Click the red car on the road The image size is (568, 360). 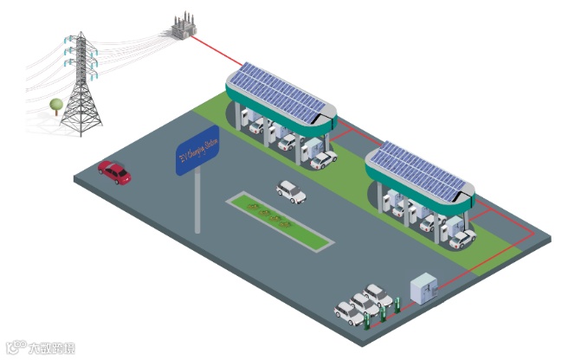[114, 171]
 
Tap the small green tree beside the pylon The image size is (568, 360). [56, 107]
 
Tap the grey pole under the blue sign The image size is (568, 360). [198, 202]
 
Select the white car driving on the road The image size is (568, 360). [291, 191]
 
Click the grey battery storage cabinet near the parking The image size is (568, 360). [423, 289]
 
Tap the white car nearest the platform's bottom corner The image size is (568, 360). [348, 313]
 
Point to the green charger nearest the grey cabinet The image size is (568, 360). [398, 303]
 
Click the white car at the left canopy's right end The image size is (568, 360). [323, 159]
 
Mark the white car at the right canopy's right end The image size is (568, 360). [463, 238]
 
